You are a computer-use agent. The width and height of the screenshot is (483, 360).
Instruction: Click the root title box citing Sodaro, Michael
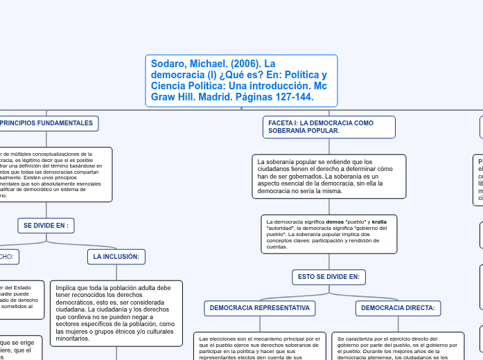[241, 80]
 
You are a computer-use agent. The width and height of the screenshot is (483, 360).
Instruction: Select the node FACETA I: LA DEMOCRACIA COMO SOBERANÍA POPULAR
[330, 127]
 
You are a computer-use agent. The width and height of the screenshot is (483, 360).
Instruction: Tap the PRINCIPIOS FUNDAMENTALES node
[47, 123]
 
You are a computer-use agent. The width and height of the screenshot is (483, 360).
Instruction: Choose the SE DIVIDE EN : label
[46, 226]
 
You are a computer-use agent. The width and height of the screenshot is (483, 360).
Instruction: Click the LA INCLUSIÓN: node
[116, 257]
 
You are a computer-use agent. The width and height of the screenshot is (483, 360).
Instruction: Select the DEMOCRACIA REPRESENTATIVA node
[259, 307]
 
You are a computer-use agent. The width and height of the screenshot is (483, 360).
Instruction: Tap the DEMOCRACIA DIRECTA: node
[398, 307]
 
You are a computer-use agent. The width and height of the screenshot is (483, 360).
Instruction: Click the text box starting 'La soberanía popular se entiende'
[325, 176]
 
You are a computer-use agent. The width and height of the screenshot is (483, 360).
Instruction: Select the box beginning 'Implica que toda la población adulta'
[116, 313]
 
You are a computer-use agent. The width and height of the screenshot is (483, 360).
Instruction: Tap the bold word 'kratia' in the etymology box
[379, 222]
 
